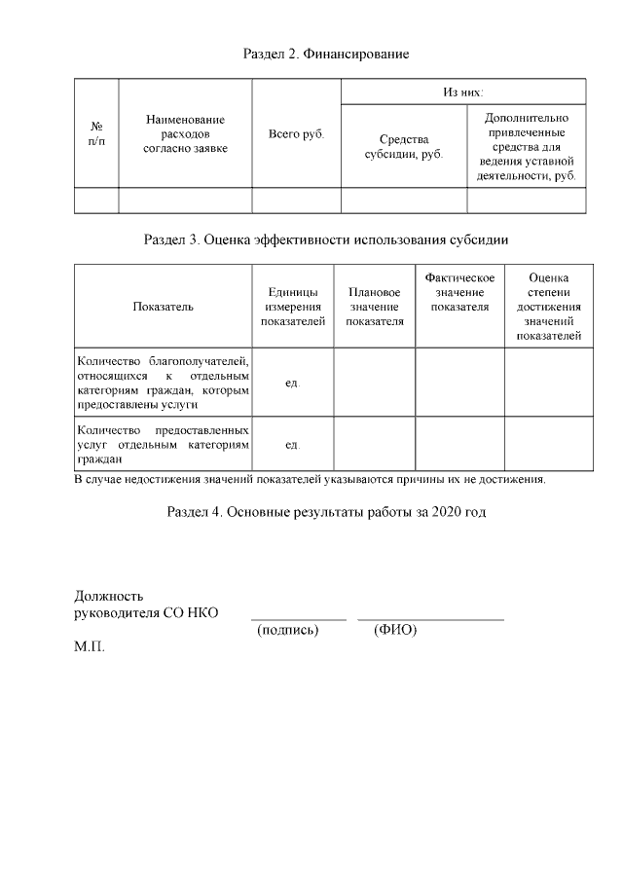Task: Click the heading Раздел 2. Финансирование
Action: pyautogui.click(x=325, y=54)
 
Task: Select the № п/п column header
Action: pyautogui.click(x=96, y=133)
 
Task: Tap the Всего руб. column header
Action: pyautogui.click(x=296, y=133)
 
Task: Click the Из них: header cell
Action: pyautogui.click(x=462, y=91)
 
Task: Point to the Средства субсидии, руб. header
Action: pyautogui.click(x=403, y=148)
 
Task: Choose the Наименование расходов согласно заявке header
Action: pyautogui.click(x=185, y=133)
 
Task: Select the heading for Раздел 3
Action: pyautogui.click(x=325, y=239)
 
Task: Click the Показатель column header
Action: pyautogui.click(x=163, y=307)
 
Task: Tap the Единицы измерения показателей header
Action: pyautogui.click(x=292, y=307)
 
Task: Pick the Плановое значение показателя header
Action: pyautogui.click(x=374, y=307)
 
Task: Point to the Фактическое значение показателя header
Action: pyautogui.click(x=459, y=293)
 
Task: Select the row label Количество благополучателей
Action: pyautogui.click(x=163, y=383)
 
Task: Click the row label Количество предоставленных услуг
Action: pyautogui.click(x=163, y=444)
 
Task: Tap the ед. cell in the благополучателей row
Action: pyautogui.click(x=292, y=384)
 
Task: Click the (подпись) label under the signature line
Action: pyautogui.click(x=287, y=630)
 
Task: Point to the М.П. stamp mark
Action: pyautogui.click(x=90, y=646)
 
